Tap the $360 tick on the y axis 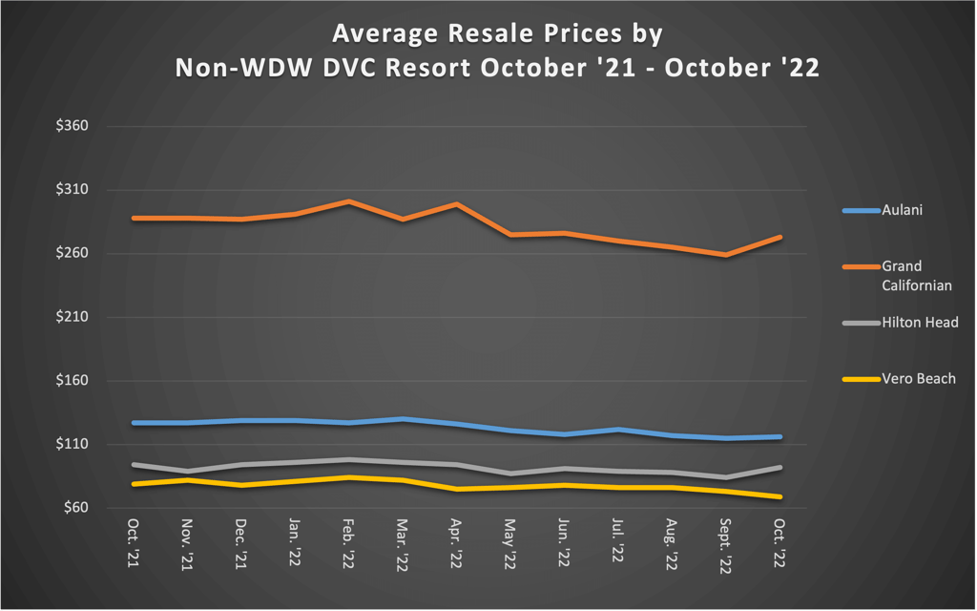(x=73, y=126)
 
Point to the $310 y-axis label (x=73, y=190)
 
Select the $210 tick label (x=73, y=317)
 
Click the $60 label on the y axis (x=76, y=508)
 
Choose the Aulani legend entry (x=902, y=210)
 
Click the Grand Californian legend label (x=916, y=275)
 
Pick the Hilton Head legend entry (x=920, y=323)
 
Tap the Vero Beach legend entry (x=918, y=379)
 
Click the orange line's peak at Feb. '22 (x=349, y=201)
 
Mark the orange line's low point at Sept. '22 (x=727, y=255)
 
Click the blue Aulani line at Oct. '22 (x=780, y=437)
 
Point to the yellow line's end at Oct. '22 (x=780, y=496)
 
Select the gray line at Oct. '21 (x=134, y=465)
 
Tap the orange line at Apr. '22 (x=457, y=204)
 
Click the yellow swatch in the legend (x=859, y=379)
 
